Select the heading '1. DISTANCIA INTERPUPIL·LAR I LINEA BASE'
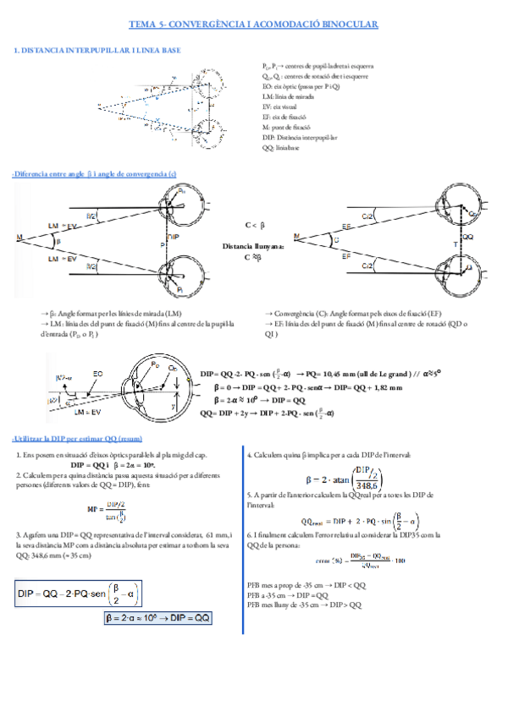click(97, 51)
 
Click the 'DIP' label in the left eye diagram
click(174, 239)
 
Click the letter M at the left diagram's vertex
click(19, 239)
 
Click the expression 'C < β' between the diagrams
click(255, 225)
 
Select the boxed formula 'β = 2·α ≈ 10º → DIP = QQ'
click(157, 618)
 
